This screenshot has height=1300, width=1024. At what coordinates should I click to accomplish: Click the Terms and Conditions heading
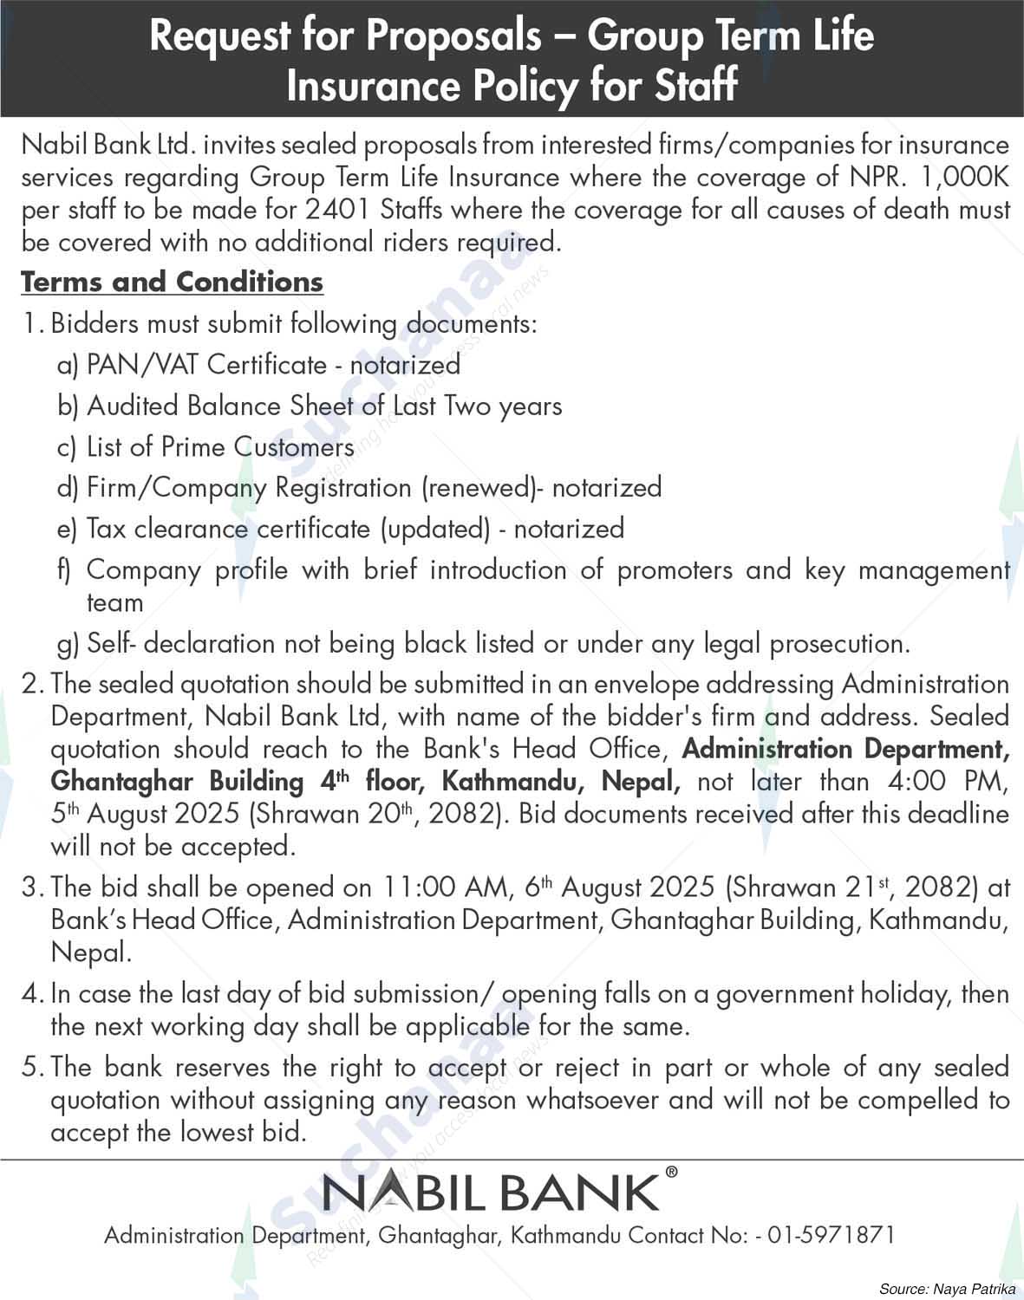(172, 282)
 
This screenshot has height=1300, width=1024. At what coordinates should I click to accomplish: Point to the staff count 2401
(340, 210)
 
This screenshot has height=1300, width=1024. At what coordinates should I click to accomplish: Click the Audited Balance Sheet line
(323, 406)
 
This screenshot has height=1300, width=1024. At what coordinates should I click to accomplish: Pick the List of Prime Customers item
(219, 446)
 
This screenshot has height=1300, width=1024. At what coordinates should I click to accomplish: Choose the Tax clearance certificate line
(355, 529)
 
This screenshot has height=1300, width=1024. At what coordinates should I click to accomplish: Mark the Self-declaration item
(498, 643)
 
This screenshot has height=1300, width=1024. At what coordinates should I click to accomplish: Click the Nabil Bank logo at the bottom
(492, 1193)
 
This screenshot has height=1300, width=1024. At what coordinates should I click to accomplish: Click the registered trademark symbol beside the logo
(671, 1173)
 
